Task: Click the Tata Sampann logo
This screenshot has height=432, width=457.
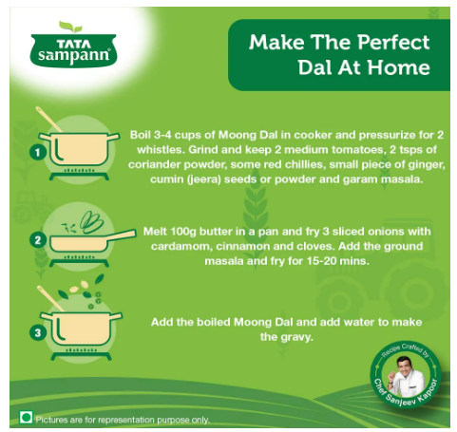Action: [73, 45]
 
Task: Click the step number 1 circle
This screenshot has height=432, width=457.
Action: [38, 152]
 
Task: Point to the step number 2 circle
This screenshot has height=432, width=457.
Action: [38, 240]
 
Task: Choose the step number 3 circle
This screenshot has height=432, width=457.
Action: [38, 332]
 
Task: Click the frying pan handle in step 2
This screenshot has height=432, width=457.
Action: [122, 235]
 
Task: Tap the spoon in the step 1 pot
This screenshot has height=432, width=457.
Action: [48, 119]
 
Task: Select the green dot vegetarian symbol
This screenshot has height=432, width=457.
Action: [26, 418]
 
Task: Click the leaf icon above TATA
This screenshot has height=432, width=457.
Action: [70, 27]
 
